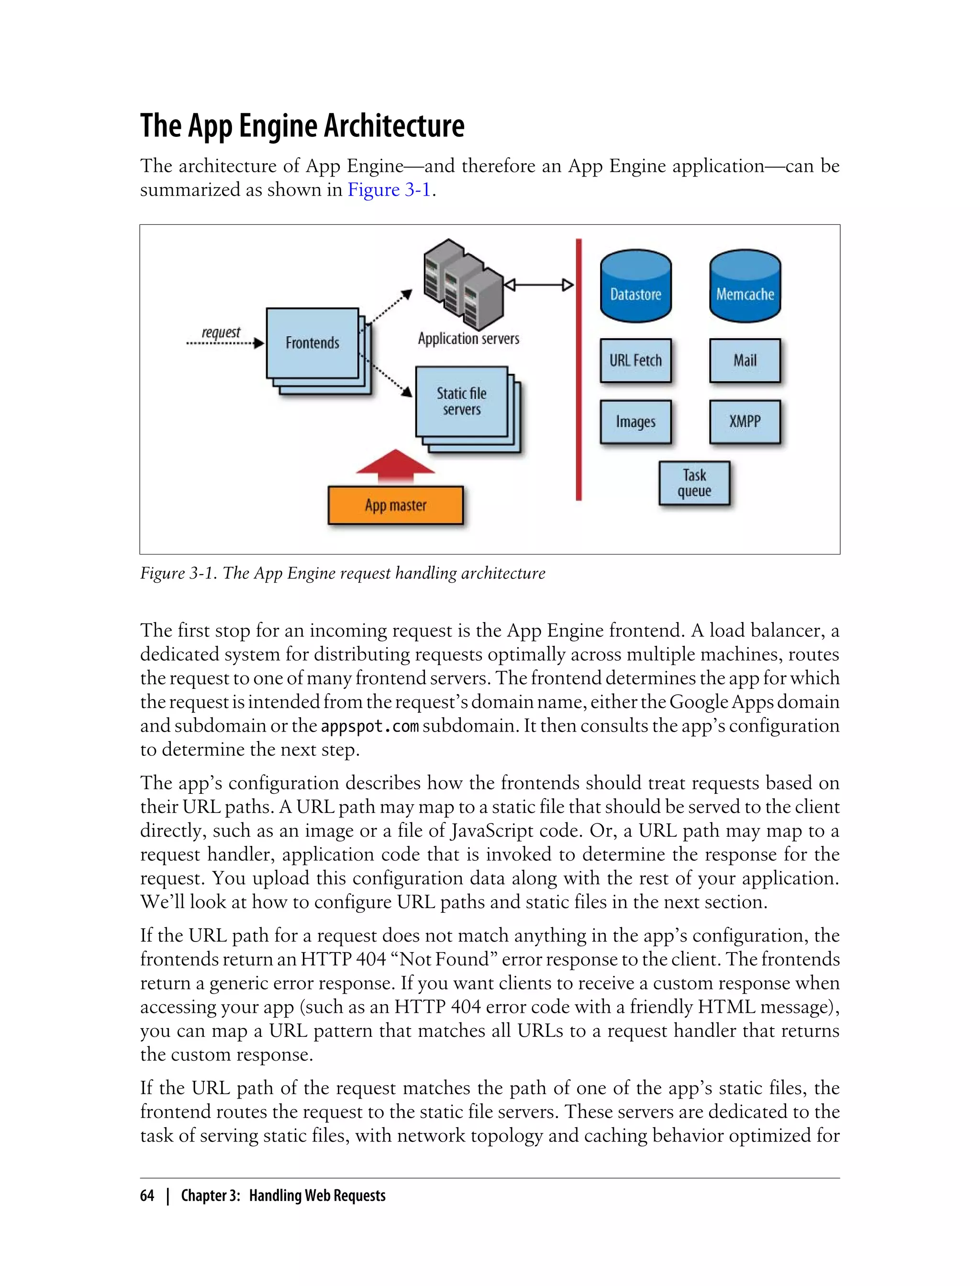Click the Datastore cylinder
[636, 287]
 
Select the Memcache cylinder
[745, 287]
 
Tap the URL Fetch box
[636, 360]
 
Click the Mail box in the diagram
[745, 360]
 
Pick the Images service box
[636, 421]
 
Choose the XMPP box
[745, 421]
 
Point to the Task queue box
[694, 483]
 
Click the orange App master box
[396, 505]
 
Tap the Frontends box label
[312, 343]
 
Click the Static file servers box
[461, 401]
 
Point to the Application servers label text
[468, 339]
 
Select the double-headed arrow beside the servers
[538, 285]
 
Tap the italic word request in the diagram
[221, 333]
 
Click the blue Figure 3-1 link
[389, 190]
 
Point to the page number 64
[147, 1196]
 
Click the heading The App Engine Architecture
[302, 125]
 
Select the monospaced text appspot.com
[370, 726]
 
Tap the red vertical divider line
[579, 369]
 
